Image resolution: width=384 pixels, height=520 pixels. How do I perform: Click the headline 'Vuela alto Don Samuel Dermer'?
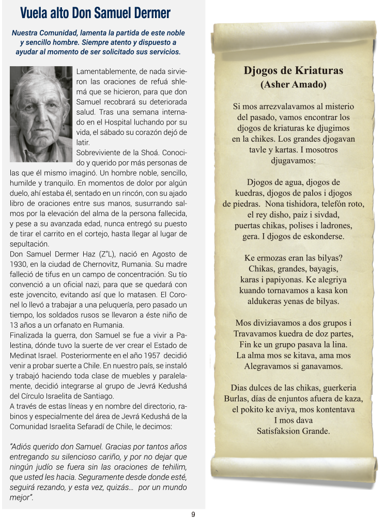pyautogui.click(x=95, y=13)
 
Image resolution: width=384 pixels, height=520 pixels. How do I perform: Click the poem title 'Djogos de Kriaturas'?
pyautogui.click(x=293, y=71)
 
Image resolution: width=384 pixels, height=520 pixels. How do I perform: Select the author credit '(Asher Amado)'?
pyautogui.click(x=293, y=84)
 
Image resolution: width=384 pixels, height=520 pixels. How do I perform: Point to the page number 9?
pyautogui.click(x=193, y=514)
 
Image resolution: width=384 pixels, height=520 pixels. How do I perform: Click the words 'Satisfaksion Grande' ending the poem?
pyautogui.click(x=293, y=431)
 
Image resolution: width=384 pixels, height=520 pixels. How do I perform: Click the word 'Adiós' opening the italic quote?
pyautogui.click(x=24, y=447)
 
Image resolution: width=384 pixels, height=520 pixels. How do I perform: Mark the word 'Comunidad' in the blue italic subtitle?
pyautogui.click(x=60, y=33)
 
